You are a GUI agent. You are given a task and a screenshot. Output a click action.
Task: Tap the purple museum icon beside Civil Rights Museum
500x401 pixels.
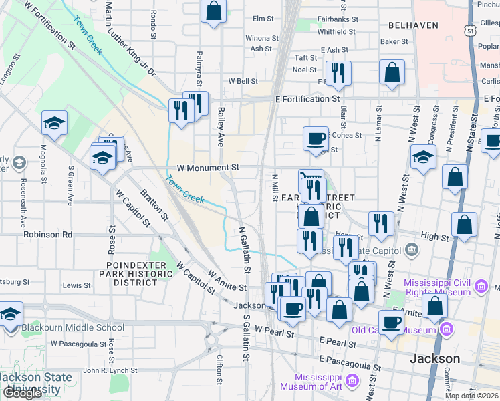coord(480,287)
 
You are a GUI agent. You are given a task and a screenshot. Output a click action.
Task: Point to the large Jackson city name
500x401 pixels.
coord(434,358)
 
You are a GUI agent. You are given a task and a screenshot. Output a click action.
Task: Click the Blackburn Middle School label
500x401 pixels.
coord(72,327)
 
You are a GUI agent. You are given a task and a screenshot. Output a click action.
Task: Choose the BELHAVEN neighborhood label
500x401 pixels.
coord(412,25)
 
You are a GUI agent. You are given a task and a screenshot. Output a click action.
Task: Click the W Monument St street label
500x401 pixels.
coord(208,169)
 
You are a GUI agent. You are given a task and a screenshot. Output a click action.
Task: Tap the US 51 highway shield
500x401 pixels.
coord(471,31)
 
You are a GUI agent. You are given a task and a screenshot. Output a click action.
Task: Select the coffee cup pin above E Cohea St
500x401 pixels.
coord(316,139)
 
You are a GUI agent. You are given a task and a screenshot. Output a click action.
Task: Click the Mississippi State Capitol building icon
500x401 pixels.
coord(412,251)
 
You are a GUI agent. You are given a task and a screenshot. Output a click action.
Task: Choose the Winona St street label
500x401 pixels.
coord(262,38)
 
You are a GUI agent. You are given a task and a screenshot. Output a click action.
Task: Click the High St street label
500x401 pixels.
coord(434,237)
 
